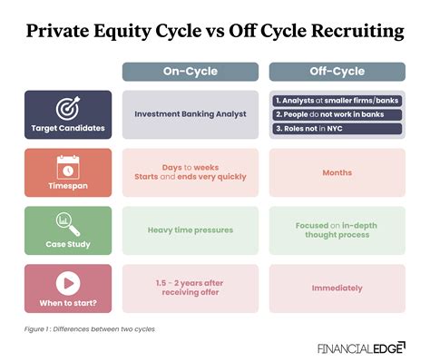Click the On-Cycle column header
point(190,72)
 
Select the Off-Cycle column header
point(337,72)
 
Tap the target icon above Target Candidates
point(68,108)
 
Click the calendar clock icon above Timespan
point(68,166)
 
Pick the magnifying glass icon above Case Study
point(68,223)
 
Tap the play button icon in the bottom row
point(68,281)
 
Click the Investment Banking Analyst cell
point(190,114)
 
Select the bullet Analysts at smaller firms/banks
point(337,99)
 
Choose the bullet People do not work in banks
point(337,114)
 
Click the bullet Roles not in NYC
point(337,129)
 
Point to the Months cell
point(337,172)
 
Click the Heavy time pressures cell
point(190,230)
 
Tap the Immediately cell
point(337,288)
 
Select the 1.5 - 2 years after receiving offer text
point(190,288)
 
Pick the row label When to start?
point(68,301)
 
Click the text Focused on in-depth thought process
point(337,230)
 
